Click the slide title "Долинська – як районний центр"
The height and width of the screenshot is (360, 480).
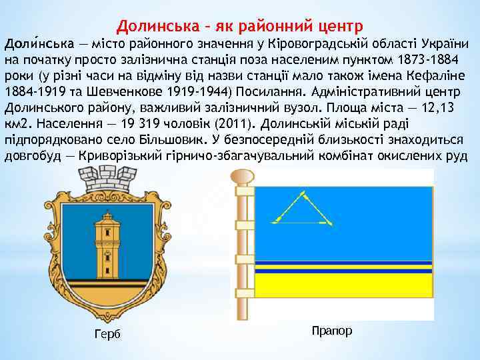240,27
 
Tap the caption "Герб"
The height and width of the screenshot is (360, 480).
107,334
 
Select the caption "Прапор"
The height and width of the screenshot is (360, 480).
331,331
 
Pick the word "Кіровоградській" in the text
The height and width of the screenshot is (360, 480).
313,44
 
